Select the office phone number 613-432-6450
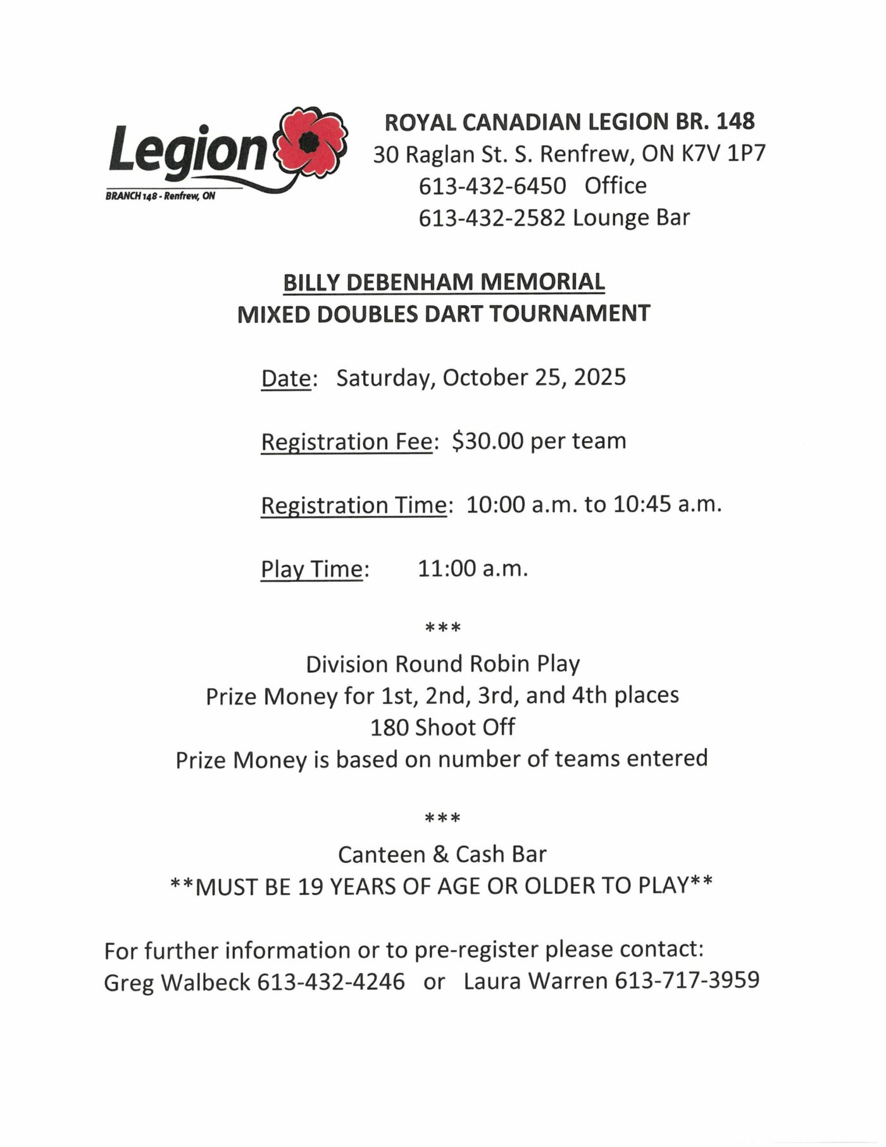point(492,186)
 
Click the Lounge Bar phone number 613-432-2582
point(492,218)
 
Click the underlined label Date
point(286,379)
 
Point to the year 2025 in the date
point(600,377)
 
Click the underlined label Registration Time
point(354,506)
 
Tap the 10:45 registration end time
point(642,505)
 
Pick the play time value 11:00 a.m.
point(473,568)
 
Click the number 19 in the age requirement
point(311,887)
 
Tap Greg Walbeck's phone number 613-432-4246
point(331,982)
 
